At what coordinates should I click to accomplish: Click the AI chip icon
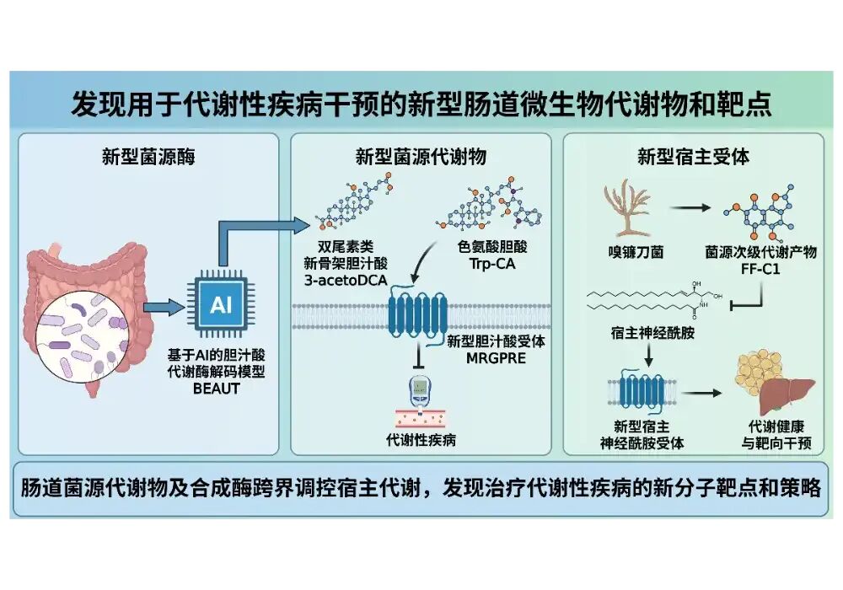pos(221,305)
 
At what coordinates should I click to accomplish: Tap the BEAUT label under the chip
pos(221,389)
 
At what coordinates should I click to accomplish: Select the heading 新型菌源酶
pos(148,156)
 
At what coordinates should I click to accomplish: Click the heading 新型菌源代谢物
pos(421,156)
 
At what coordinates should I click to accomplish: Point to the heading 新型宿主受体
pos(693,156)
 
